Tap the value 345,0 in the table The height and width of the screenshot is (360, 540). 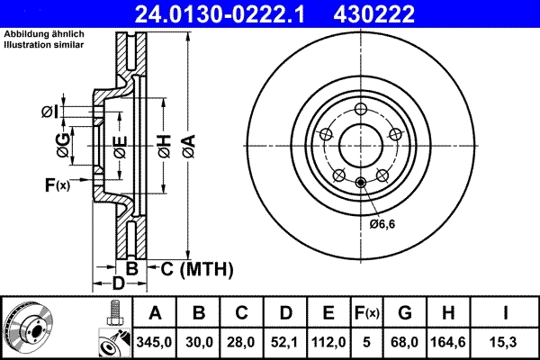(155, 342)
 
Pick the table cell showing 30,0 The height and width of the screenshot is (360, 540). (200, 342)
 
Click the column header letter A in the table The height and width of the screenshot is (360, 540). (155, 314)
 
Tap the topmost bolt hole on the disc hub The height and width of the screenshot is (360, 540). (360, 111)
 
